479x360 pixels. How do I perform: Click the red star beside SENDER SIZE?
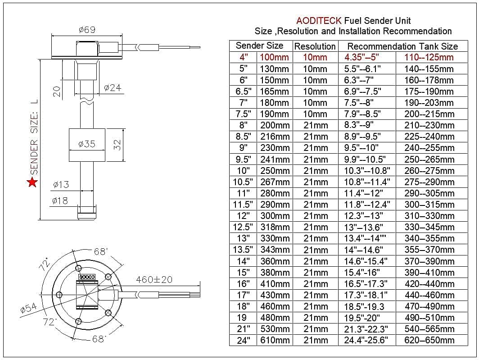tap(32, 182)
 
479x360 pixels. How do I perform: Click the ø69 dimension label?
tap(86, 30)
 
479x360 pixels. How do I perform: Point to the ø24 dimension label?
tap(113, 88)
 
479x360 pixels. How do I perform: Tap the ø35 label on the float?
tap(86, 144)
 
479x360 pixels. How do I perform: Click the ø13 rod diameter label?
tap(60, 184)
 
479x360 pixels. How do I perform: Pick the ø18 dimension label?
tap(60, 201)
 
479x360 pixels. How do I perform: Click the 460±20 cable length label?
tap(154, 279)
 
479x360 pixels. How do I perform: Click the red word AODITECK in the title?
tap(319, 21)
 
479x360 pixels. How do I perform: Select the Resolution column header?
tap(315, 46)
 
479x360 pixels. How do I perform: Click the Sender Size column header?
tap(259, 46)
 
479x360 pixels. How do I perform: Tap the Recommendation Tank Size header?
tap(402, 46)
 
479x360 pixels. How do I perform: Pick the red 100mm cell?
tap(274, 57)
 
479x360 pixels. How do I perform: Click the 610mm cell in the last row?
tap(275, 340)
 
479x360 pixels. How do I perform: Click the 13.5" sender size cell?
tap(243, 250)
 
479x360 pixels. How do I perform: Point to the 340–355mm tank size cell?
tap(429, 238)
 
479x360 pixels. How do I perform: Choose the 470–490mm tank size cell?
tap(429, 306)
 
